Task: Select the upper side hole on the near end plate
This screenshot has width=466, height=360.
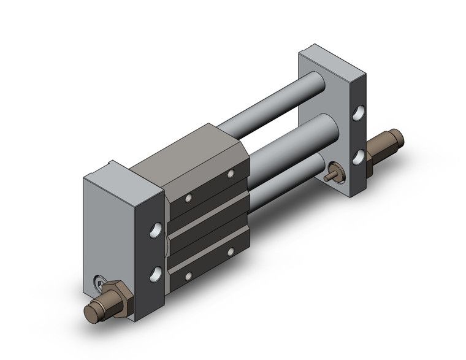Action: [157, 231]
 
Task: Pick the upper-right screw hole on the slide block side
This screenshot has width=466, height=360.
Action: [231, 174]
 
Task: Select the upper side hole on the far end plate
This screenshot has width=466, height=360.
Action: [357, 115]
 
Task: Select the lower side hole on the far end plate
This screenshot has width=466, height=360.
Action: [357, 158]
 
